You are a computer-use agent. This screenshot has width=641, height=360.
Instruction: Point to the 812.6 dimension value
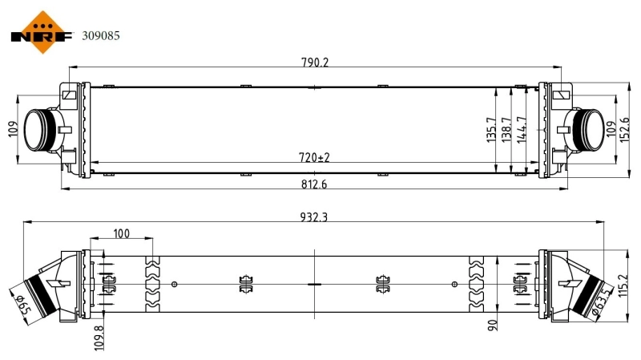coord(315,184)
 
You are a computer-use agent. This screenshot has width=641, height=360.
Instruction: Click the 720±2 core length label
coord(313,158)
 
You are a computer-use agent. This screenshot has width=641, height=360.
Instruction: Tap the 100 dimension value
coord(121,234)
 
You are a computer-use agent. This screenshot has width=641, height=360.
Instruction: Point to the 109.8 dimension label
coord(99,338)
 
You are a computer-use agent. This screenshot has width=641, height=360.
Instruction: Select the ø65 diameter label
coord(22,306)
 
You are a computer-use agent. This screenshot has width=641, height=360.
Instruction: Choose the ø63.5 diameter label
coord(602,301)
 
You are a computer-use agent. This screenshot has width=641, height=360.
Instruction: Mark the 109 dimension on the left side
coord(11,128)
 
